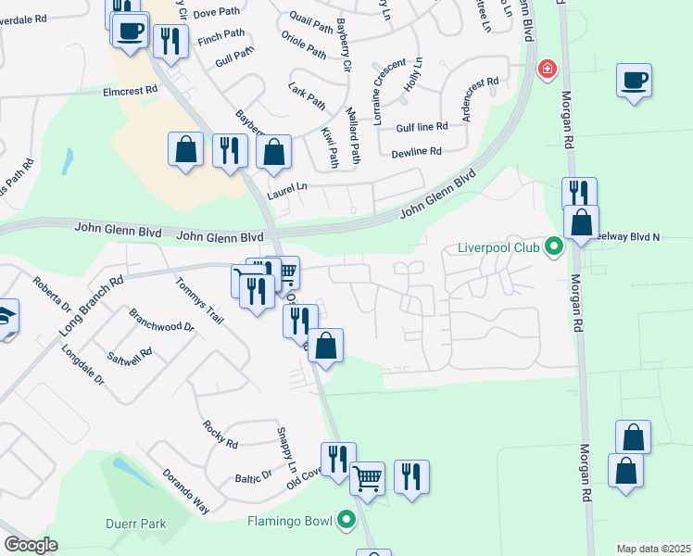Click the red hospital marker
click(548, 69)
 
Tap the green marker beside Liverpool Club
click(554, 247)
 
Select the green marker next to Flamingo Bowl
click(347, 520)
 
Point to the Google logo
click(30, 545)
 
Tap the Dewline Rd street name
click(416, 152)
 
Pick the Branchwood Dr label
click(161, 321)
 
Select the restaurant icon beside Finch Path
click(170, 40)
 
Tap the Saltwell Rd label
click(130, 360)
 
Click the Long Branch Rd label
click(91, 306)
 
